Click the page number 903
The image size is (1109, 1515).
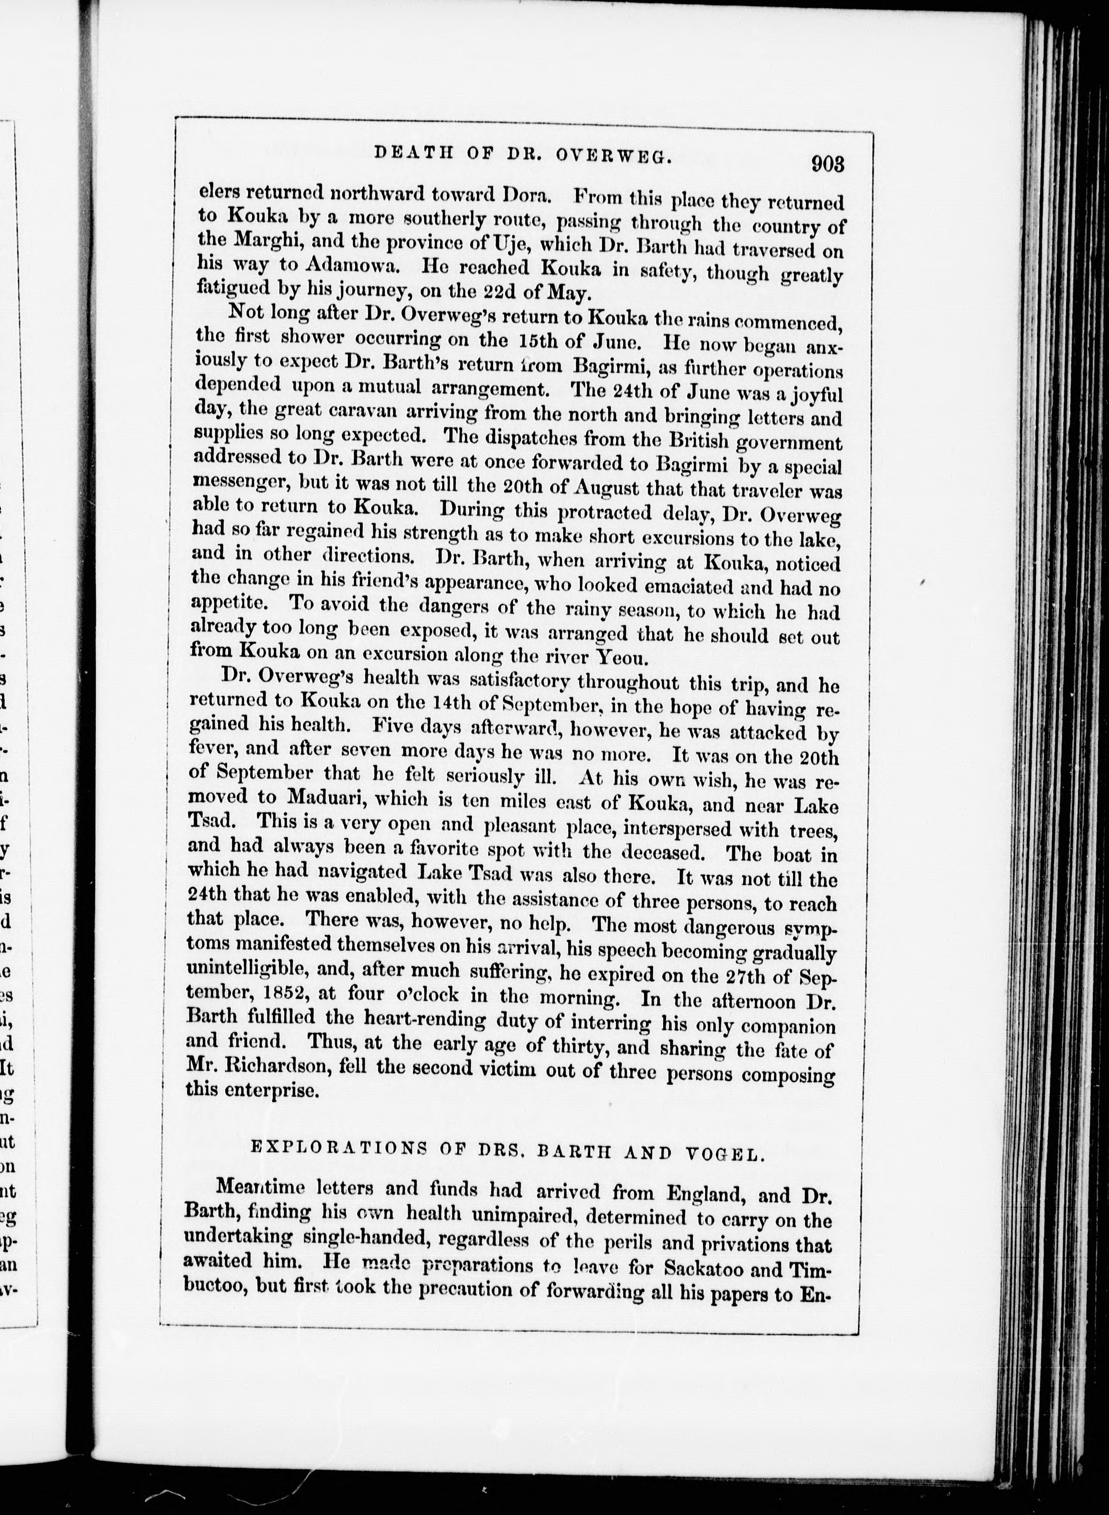coord(827,165)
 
